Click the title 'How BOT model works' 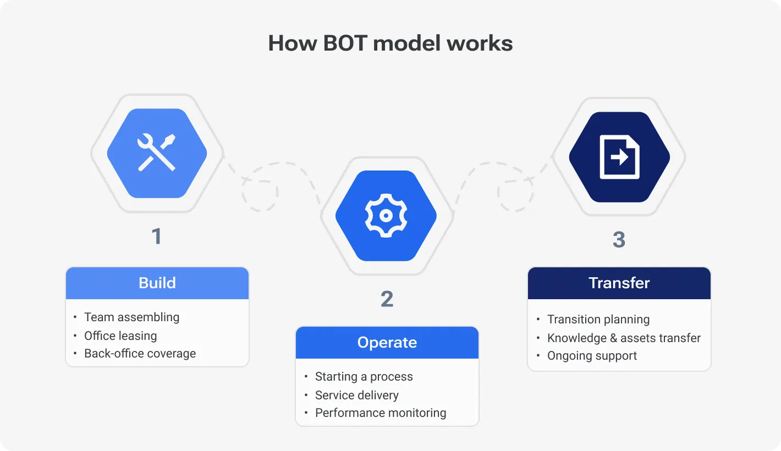click(x=391, y=43)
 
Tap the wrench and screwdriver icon click(x=157, y=152)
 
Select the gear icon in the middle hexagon click(x=386, y=215)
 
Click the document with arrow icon click(x=619, y=157)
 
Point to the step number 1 click(x=157, y=237)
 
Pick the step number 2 click(x=387, y=299)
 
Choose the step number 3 click(x=619, y=240)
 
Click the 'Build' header click(x=157, y=283)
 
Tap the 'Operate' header click(x=387, y=343)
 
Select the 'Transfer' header click(x=619, y=283)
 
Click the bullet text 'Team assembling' click(x=131, y=317)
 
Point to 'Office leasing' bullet click(x=120, y=335)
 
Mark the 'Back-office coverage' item click(x=140, y=354)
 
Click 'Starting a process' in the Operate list click(x=364, y=377)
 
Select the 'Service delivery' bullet click(x=356, y=395)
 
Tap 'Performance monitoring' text click(x=381, y=413)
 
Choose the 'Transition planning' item click(x=598, y=320)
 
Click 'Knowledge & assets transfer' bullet click(x=624, y=338)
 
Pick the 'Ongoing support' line click(x=592, y=356)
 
